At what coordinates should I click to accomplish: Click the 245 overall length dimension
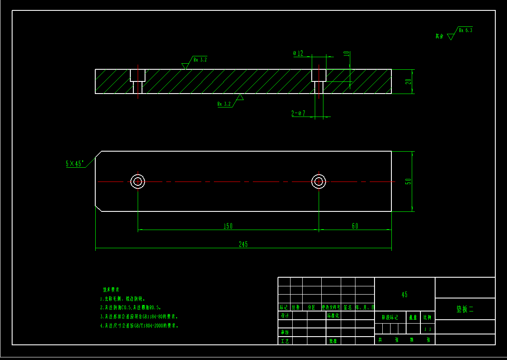[243, 245]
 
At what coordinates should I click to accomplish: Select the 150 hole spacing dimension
[228, 226]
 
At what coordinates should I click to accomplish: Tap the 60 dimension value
[355, 226]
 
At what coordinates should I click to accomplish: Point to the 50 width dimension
[408, 182]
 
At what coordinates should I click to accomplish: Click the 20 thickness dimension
[408, 81]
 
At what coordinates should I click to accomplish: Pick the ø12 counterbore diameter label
[298, 53]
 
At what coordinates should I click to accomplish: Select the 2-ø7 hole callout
[298, 114]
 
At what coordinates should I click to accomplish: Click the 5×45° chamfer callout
[74, 164]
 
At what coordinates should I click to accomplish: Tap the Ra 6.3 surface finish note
[465, 30]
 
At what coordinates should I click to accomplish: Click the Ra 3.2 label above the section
[200, 60]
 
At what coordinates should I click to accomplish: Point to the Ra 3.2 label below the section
[224, 104]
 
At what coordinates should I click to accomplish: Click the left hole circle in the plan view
[138, 182]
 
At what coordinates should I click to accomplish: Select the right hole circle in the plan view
[319, 182]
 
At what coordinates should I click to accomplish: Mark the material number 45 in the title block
[404, 295]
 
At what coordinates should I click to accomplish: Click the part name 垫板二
[465, 309]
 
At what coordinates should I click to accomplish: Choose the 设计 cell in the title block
[284, 316]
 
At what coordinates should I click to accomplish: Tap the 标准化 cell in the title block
[333, 316]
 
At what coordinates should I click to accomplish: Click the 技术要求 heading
[111, 289]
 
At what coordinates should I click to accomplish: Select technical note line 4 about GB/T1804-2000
[139, 325]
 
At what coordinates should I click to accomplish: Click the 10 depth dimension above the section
[346, 54]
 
